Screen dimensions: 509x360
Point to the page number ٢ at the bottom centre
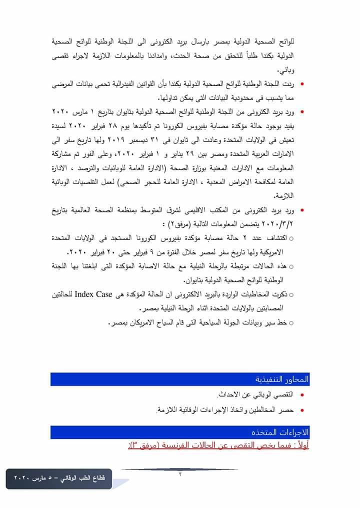[180, 474]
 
